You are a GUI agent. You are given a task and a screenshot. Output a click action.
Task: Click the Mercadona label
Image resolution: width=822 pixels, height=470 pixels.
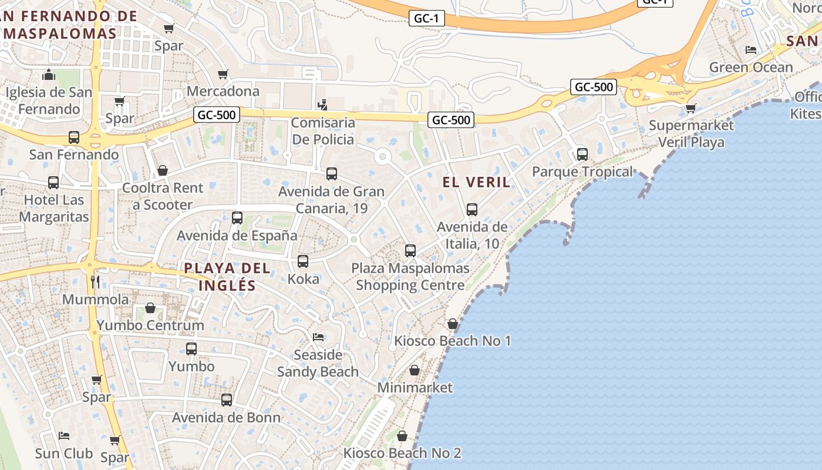pyautogui.click(x=223, y=91)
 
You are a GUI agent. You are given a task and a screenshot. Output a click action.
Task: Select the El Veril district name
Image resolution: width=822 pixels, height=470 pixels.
pyautogui.click(x=476, y=182)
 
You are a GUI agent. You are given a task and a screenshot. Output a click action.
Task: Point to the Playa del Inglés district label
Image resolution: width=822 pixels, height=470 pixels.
pyautogui.click(x=227, y=277)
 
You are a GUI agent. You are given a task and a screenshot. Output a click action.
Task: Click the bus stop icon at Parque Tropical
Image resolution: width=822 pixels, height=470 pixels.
pyautogui.click(x=582, y=155)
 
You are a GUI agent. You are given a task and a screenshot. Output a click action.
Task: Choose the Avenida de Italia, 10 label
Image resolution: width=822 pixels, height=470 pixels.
pyautogui.click(x=472, y=234)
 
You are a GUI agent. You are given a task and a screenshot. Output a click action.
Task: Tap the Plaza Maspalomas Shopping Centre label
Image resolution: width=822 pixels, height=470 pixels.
pyautogui.click(x=410, y=277)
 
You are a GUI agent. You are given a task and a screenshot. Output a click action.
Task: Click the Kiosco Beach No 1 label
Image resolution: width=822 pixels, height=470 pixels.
pyautogui.click(x=452, y=341)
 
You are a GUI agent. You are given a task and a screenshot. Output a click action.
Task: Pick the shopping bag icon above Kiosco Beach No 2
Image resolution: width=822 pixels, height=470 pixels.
pyautogui.click(x=402, y=436)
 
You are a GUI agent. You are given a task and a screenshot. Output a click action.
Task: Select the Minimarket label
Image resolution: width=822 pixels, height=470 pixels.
pyautogui.click(x=415, y=388)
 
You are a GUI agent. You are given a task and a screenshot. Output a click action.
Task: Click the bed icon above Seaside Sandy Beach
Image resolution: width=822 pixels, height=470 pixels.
pyautogui.click(x=318, y=337)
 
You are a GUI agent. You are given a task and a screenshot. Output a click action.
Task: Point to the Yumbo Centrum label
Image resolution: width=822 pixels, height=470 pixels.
pyautogui.click(x=150, y=325)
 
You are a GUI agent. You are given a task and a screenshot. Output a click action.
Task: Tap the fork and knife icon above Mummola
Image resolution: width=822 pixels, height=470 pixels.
pyautogui.click(x=96, y=281)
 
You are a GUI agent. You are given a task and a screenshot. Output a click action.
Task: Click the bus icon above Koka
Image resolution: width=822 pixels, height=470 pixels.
pyautogui.click(x=303, y=261)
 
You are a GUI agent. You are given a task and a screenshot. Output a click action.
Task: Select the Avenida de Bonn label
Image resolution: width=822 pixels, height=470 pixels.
pyautogui.click(x=226, y=418)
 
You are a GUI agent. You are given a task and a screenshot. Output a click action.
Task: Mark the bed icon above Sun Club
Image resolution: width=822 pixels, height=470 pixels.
pyautogui.click(x=64, y=436)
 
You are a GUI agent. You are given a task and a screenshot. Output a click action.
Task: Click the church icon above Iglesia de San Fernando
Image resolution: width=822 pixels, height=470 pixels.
pyautogui.click(x=49, y=75)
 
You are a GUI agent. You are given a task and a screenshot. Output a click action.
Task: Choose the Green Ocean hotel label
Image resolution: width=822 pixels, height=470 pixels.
pyautogui.click(x=750, y=67)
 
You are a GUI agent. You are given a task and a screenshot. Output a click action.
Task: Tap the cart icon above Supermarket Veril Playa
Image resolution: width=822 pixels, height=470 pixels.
pyautogui.click(x=691, y=108)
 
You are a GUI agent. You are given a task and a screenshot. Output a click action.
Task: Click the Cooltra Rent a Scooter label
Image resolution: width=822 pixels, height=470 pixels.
pyautogui.click(x=162, y=196)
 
